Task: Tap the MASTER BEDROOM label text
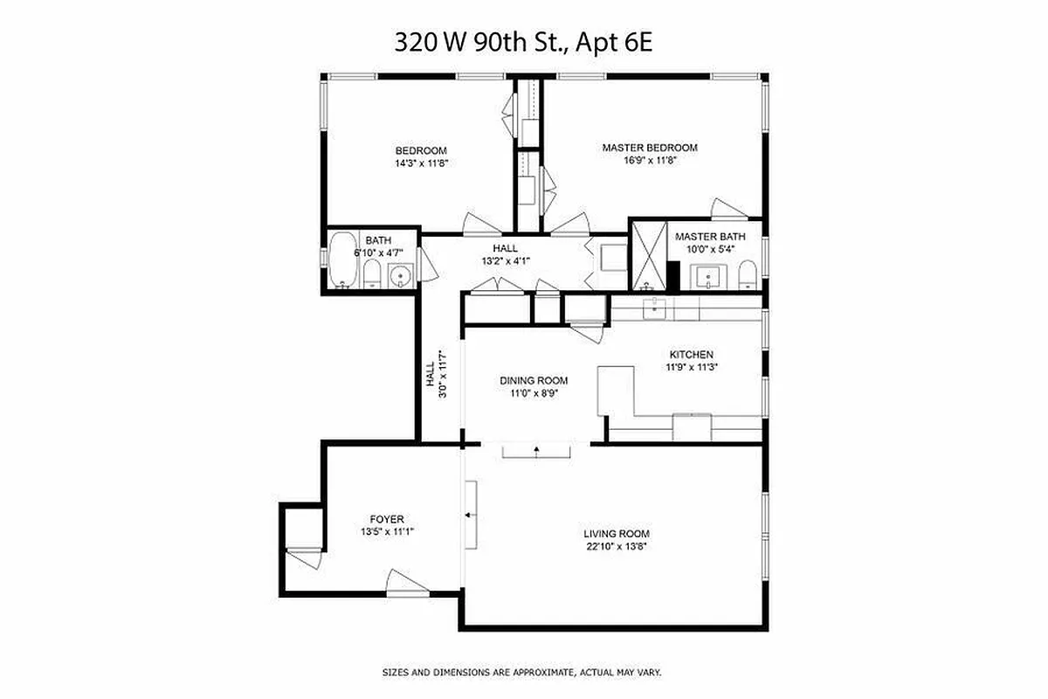tap(650, 148)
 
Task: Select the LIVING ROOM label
tap(617, 534)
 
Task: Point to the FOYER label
tap(386, 519)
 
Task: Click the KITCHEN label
tap(691, 355)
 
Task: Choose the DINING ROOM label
tap(534, 381)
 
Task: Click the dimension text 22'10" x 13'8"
tap(617, 547)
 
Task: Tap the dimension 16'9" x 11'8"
tap(650, 161)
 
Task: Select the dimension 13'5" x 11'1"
tap(386, 531)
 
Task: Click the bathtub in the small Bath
tap(341, 260)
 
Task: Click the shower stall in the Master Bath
tap(648, 256)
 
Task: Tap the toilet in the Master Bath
tap(748, 277)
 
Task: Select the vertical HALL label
tap(430, 376)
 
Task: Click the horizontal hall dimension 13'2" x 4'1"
tap(506, 260)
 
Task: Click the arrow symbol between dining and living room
tap(536, 450)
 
